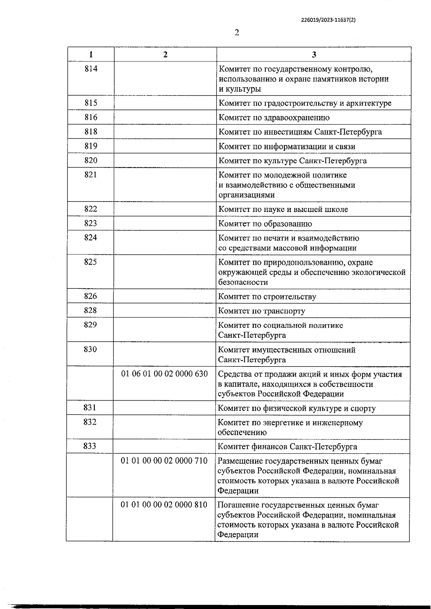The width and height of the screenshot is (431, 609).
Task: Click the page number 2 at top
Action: [237, 33]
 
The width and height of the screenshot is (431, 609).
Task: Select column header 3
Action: [314, 54]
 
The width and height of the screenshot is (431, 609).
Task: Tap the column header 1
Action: [91, 54]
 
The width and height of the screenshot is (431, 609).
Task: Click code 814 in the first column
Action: [91, 69]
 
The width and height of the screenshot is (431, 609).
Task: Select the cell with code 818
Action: [91, 132]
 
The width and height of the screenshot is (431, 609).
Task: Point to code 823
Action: [91, 223]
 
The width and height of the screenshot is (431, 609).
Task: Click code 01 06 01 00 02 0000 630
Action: [164, 374]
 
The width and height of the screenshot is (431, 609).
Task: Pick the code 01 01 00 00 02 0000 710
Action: [164, 461]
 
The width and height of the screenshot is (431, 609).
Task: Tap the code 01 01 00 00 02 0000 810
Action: [164, 505]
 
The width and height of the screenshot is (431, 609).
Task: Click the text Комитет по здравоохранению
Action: [274, 117]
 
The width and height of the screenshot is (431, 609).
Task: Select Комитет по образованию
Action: [265, 224]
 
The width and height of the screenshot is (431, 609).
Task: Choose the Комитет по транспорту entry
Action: [261, 311]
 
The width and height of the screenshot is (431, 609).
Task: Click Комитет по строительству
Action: [267, 297]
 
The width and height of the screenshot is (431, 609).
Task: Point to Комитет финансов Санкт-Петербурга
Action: [287, 447]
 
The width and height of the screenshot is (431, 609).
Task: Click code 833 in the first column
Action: [90, 446]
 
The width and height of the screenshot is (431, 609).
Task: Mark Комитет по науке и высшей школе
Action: [283, 209]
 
